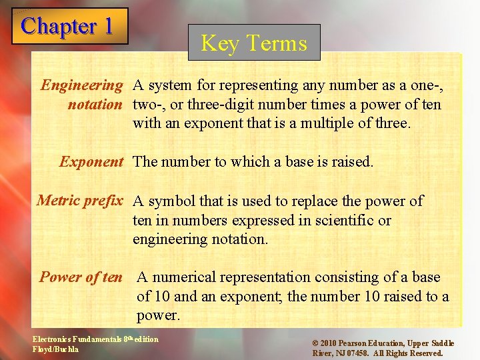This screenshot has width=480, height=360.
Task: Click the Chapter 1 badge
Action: click(69, 27)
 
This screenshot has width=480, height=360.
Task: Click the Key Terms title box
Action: click(254, 43)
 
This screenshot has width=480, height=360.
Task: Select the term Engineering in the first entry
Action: click(82, 85)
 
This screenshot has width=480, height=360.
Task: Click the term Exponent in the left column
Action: click(91, 161)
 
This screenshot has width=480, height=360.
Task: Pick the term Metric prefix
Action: click(80, 201)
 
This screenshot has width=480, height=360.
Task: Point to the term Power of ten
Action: click(81, 277)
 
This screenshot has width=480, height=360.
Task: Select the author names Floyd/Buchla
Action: click(56, 349)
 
